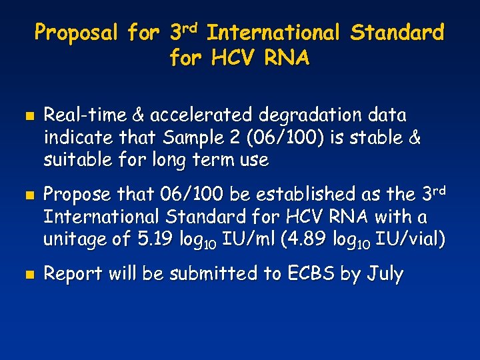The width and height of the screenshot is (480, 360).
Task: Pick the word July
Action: click(387, 274)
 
